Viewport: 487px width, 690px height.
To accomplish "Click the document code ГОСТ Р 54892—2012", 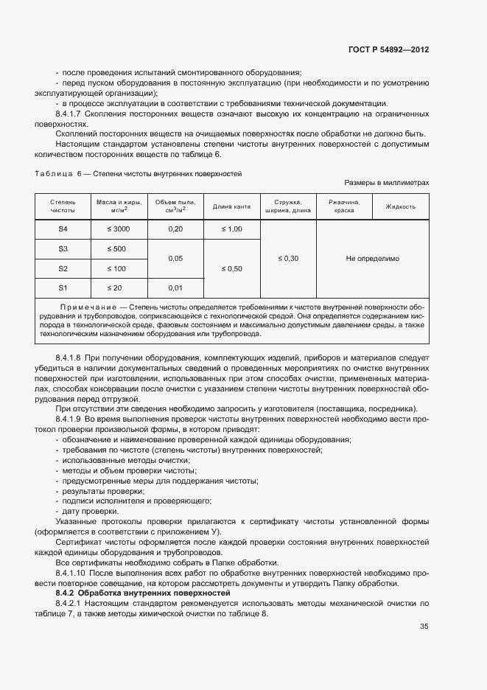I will [388, 50].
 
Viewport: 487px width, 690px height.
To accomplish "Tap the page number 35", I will [424, 627].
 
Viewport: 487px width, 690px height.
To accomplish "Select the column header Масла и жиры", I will [117, 206].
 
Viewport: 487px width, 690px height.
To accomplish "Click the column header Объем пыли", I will [175, 206].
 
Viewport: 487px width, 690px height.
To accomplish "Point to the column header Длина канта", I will [232, 206].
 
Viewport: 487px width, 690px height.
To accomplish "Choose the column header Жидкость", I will [401, 206].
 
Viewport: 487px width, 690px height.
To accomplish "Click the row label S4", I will [63, 229].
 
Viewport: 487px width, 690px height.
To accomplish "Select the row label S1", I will [63, 287].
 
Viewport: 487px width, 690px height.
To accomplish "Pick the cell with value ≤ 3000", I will [117, 229].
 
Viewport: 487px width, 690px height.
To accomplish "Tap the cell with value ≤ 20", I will [117, 287].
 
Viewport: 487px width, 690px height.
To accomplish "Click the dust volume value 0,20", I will [175, 229].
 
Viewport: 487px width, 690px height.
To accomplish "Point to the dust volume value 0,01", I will [175, 287].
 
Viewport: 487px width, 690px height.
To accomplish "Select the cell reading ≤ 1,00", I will [232, 229].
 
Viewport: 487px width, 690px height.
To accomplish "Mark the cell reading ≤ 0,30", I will [288, 258].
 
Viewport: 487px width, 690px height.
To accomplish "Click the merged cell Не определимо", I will [372, 258].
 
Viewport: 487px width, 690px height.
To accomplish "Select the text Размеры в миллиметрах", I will [386, 182].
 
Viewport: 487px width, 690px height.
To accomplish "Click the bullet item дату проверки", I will [88, 511].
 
